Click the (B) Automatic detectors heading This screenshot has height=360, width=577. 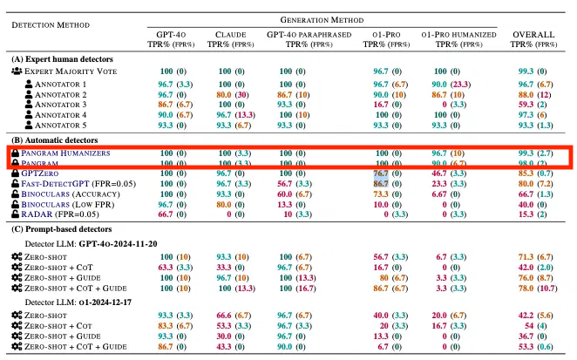[56, 139]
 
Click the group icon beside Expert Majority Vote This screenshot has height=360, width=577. [17, 70]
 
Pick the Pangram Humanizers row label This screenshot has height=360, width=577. [75, 152]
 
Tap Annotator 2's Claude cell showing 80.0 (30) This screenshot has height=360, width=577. [230, 94]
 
